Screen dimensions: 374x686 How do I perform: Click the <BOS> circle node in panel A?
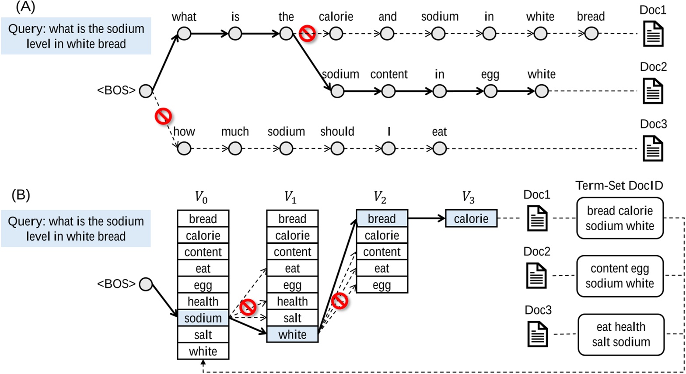click(146, 91)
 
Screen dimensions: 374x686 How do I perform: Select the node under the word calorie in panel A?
click(336, 34)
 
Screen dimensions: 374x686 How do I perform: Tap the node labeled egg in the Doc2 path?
click(490, 91)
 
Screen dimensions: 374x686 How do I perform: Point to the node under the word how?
click(184, 149)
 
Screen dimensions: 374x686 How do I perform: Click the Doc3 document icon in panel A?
click(653, 148)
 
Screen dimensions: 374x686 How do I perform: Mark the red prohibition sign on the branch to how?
click(163, 116)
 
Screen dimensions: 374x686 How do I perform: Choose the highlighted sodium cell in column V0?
click(203, 318)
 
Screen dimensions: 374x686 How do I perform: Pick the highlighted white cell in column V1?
click(292, 335)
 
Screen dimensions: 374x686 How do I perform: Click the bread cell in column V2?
click(382, 218)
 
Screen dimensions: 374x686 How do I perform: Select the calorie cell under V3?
click(471, 218)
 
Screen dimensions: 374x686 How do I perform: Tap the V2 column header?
click(380, 198)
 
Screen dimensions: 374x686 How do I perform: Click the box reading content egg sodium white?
click(619, 276)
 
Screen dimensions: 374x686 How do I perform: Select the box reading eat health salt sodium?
click(621, 334)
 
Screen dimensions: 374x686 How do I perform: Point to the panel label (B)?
click(20, 195)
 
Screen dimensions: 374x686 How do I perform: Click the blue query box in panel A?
click(76, 36)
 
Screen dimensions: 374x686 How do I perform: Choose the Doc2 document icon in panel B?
click(536, 276)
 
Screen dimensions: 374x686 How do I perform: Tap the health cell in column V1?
click(292, 301)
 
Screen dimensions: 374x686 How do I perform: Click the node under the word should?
click(337, 149)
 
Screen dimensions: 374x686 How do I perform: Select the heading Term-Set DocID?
click(619, 186)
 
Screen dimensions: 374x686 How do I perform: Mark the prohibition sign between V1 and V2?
click(339, 301)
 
